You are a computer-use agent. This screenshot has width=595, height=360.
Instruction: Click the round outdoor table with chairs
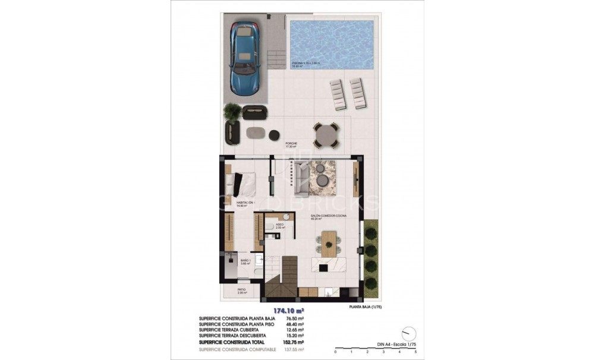coord(326,135)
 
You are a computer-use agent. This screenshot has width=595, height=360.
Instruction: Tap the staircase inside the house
coord(281,276)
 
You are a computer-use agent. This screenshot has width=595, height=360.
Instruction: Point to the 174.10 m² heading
coord(288,310)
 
